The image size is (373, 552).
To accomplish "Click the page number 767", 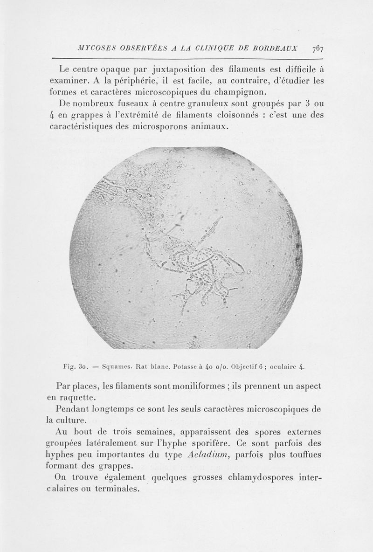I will click(x=318, y=48).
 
